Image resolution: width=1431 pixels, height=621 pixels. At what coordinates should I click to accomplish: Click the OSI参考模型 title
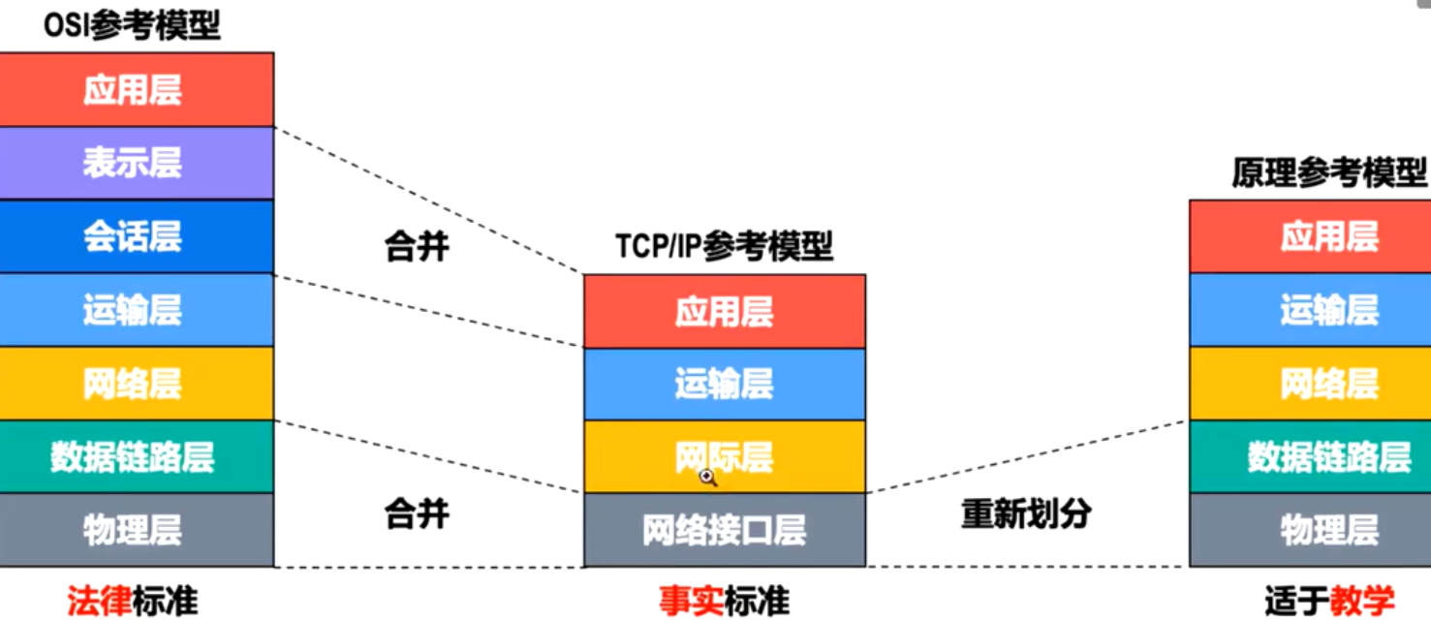(133, 24)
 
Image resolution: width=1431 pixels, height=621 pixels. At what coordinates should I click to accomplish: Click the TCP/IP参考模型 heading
(724, 246)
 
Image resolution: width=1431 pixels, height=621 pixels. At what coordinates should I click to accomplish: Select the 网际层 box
(724, 456)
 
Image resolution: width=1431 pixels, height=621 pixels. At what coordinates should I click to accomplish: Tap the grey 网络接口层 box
(724, 530)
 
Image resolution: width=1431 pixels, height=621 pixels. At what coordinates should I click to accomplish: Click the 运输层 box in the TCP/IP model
(724, 384)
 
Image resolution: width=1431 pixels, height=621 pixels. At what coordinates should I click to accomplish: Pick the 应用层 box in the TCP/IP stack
(724, 311)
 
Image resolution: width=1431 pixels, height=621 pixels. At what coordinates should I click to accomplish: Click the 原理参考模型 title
(1329, 172)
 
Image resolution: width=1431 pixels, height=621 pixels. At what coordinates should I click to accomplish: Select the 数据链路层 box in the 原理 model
(1329, 456)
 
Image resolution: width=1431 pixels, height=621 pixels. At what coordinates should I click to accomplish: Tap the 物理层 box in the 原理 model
(1329, 530)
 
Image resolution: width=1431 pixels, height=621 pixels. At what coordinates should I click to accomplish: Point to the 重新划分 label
(1026, 513)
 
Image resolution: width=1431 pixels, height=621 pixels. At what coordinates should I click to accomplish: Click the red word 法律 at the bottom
(99, 601)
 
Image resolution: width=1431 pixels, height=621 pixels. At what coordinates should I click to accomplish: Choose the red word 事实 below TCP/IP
(691, 601)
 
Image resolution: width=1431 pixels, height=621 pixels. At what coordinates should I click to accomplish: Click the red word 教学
(1361, 601)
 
